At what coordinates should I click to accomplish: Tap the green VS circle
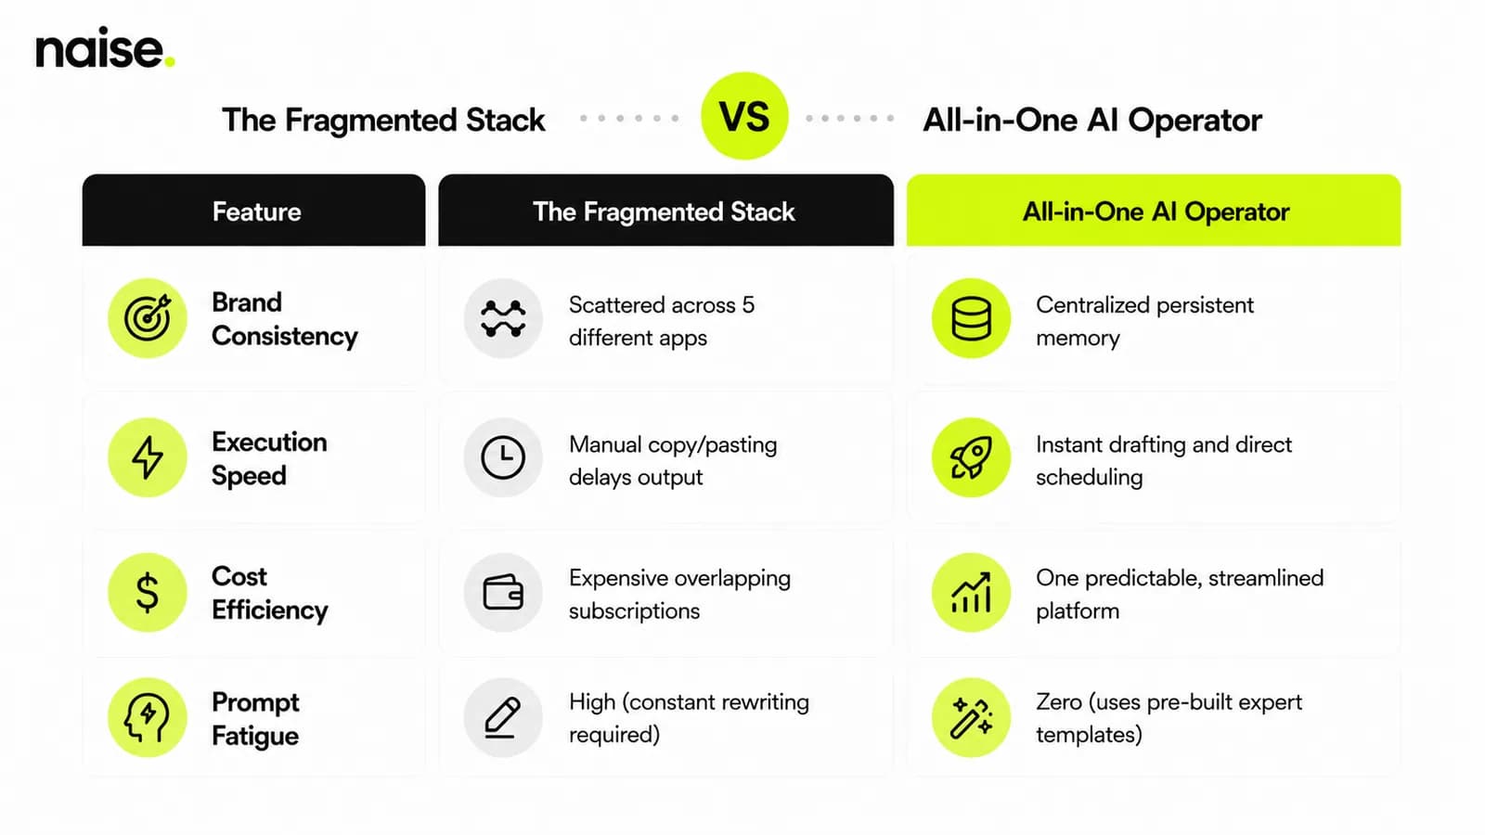(744, 116)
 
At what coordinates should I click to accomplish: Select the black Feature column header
(254, 210)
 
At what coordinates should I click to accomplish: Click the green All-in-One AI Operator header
(1154, 210)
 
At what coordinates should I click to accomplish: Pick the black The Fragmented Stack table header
(665, 210)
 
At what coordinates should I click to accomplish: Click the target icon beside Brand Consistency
(148, 318)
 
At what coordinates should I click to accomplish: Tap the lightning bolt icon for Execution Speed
(148, 457)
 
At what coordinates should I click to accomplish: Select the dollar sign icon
(148, 592)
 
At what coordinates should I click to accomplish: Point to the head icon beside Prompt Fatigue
(148, 717)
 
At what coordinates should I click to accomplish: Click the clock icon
(503, 457)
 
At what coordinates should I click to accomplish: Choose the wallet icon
(503, 592)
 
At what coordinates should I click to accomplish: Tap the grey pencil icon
(503, 717)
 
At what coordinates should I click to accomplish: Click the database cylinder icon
(971, 318)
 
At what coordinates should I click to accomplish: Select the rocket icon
(971, 457)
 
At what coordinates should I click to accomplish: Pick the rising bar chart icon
(971, 592)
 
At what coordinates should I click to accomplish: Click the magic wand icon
(971, 717)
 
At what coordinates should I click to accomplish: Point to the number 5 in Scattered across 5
(748, 305)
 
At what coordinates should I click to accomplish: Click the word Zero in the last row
(1059, 701)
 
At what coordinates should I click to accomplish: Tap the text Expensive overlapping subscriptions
(679, 595)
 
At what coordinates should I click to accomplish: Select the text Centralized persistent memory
(1145, 321)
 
